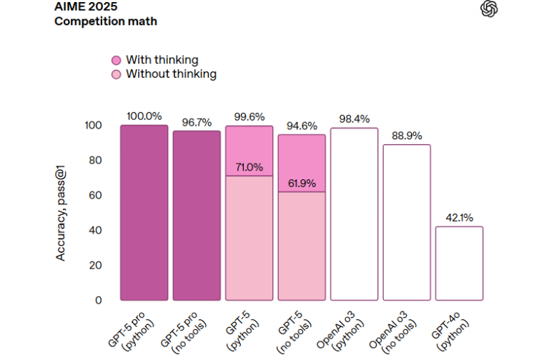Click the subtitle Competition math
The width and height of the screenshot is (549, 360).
(106, 21)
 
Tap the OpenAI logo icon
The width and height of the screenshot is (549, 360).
(490, 9)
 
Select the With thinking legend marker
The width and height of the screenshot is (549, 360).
(117, 60)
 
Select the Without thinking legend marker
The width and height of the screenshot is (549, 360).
(117, 74)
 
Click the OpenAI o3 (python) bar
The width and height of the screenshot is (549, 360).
(355, 214)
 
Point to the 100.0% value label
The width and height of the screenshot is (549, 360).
(144, 116)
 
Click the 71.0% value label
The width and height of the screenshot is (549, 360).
(249, 167)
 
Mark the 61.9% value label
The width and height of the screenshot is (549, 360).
(302, 183)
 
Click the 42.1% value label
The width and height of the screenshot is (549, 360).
(460, 217)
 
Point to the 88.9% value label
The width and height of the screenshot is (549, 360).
(407, 135)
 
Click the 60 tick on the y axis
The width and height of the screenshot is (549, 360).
(94, 195)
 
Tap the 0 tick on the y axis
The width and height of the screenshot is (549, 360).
(98, 300)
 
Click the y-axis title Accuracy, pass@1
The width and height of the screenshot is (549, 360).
(61, 211)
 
